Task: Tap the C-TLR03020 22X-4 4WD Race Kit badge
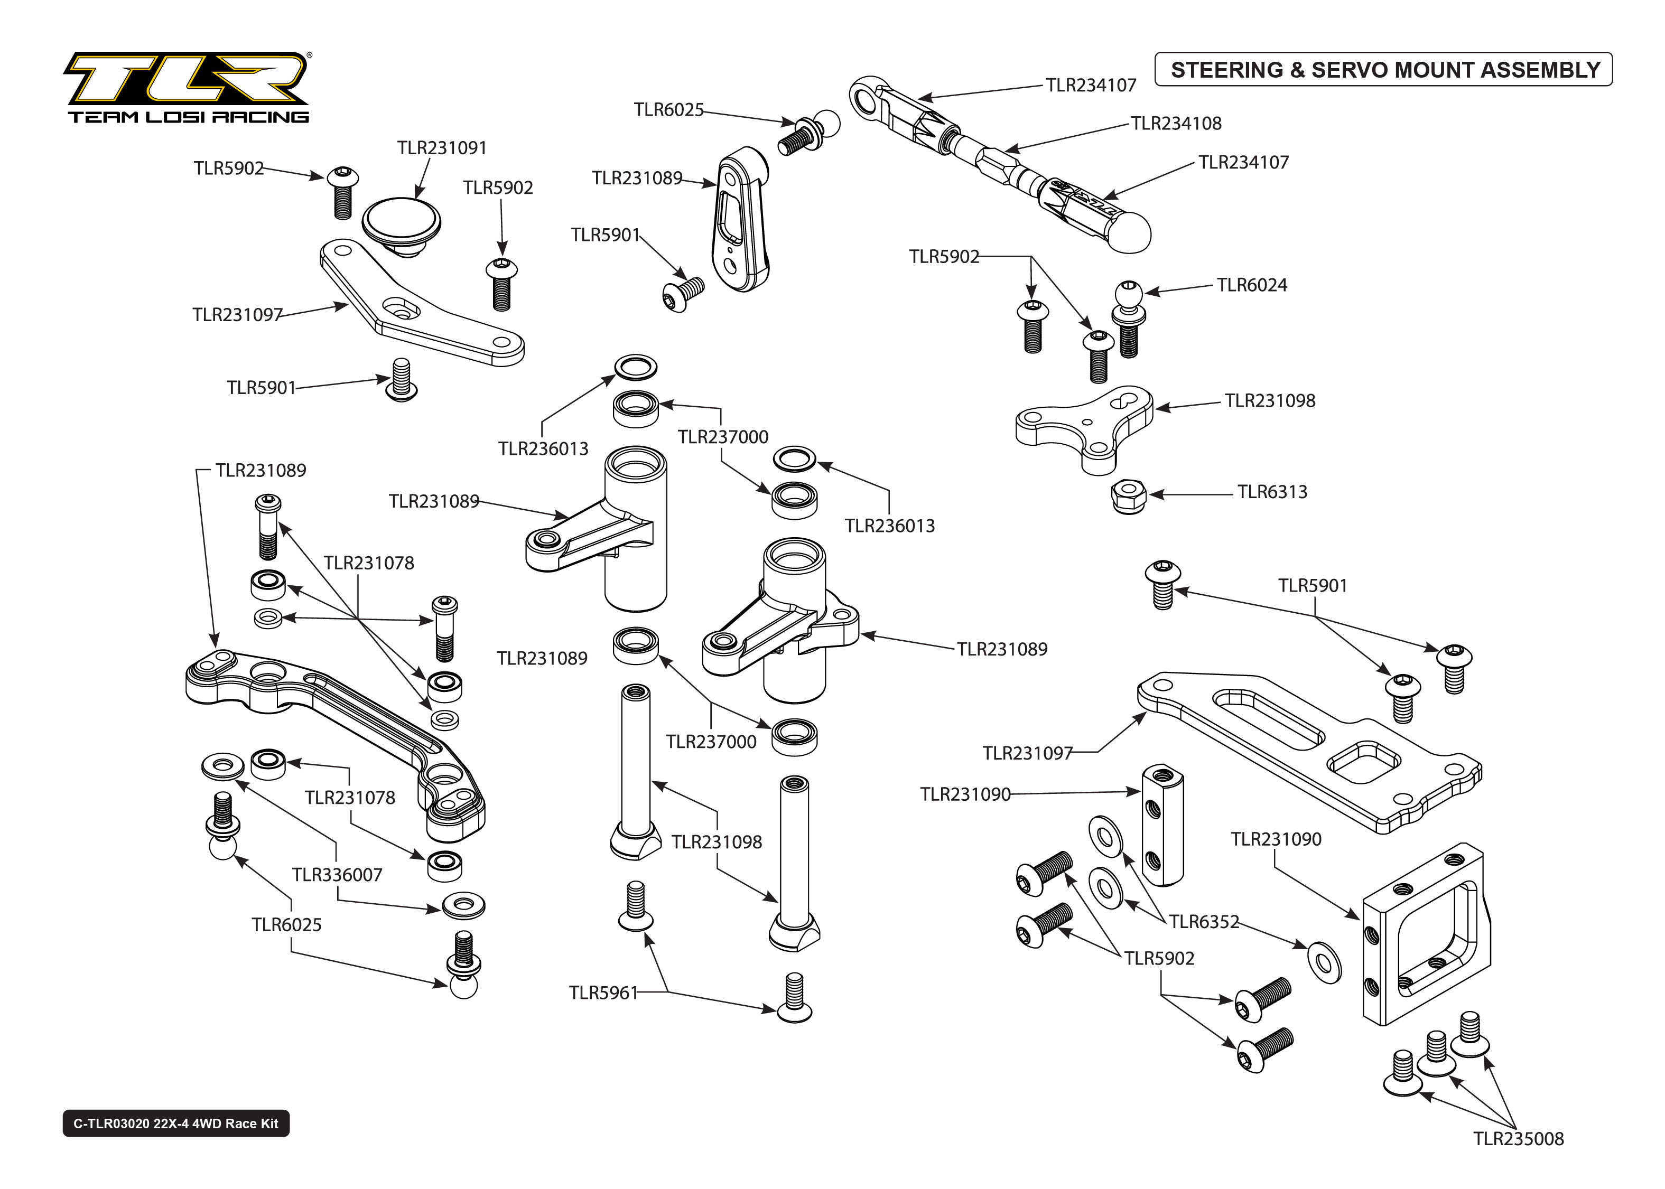[176, 1123]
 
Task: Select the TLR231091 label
[442, 148]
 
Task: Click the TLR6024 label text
[1251, 285]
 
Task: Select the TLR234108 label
[1176, 123]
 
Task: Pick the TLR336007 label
[337, 874]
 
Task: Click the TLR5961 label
[603, 993]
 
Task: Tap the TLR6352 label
[1204, 922]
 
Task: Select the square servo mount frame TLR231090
[1424, 937]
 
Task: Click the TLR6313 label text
[1272, 492]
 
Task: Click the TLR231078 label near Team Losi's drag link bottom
[349, 797]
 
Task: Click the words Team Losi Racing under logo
[188, 116]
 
